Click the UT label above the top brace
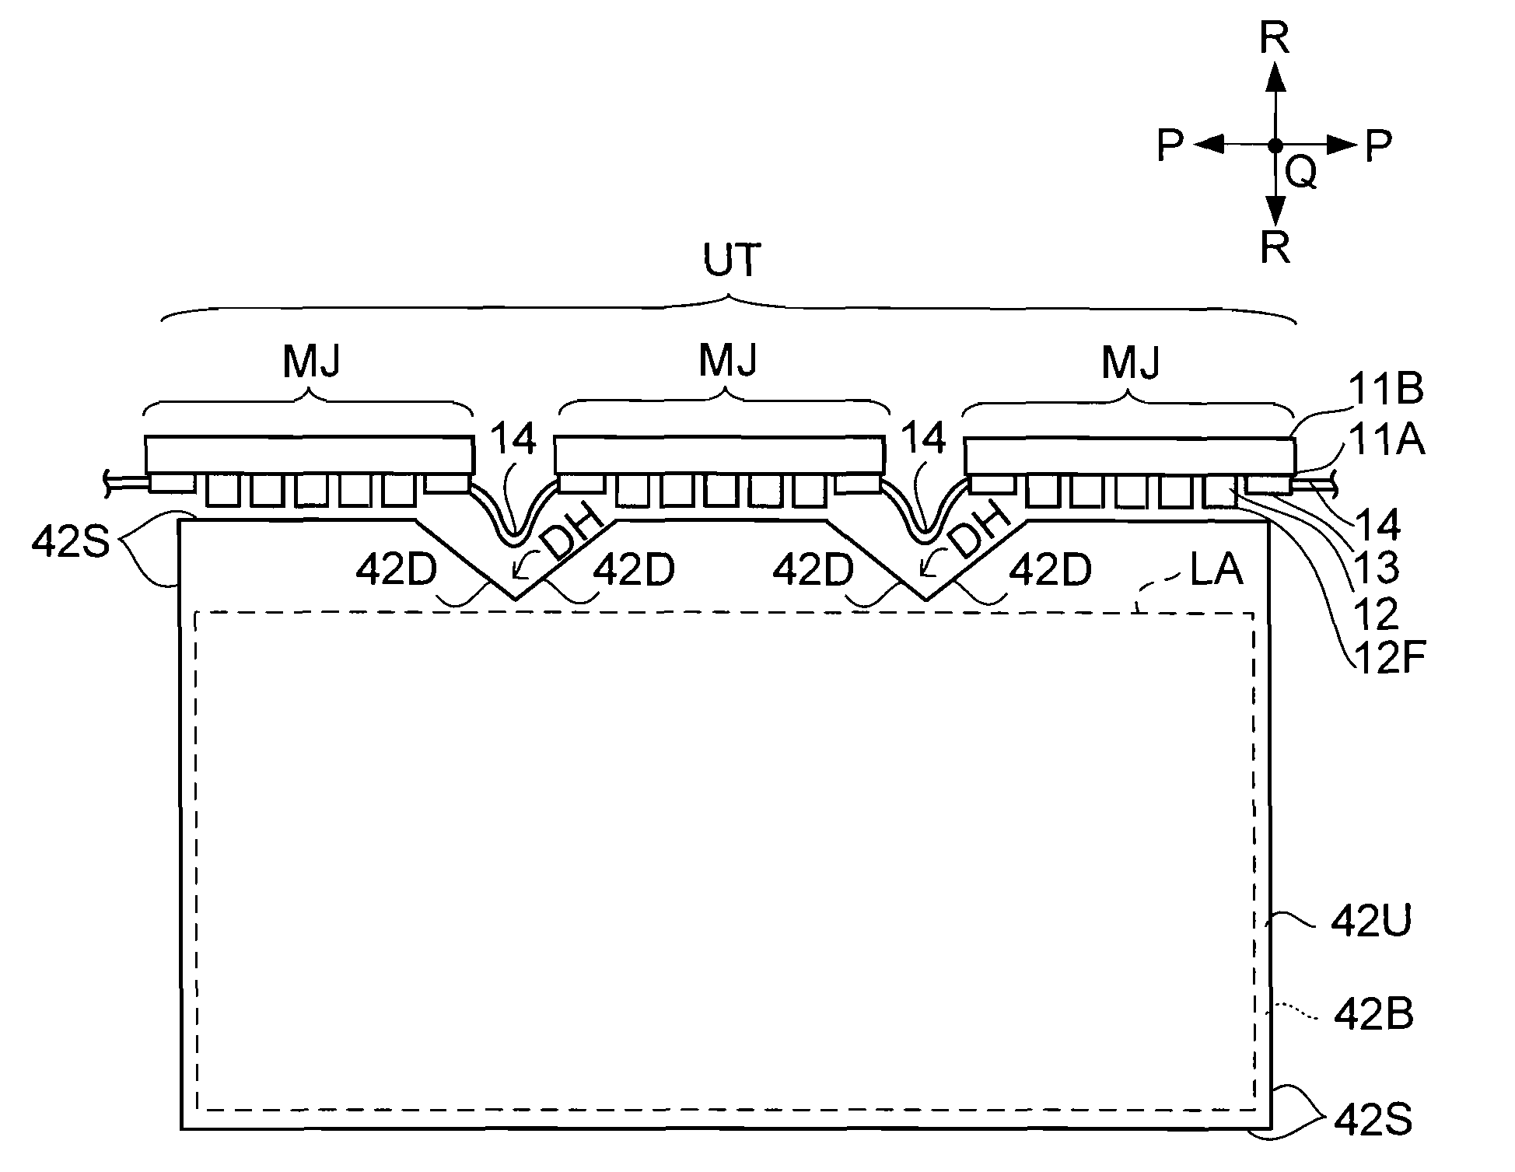(730, 262)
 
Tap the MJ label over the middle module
(728, 360)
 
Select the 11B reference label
(1387, 390)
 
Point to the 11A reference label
(1387, 441)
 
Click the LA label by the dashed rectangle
(1216, 570)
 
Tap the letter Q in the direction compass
(1301, 173)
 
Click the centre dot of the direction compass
(1275, 145)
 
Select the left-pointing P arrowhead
(1208, 145)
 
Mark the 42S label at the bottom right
(1373, 1121)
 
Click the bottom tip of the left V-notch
(515, 600)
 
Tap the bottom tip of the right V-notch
(925, 600)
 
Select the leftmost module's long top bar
(310, 456)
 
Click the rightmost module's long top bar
(1130, 456)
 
